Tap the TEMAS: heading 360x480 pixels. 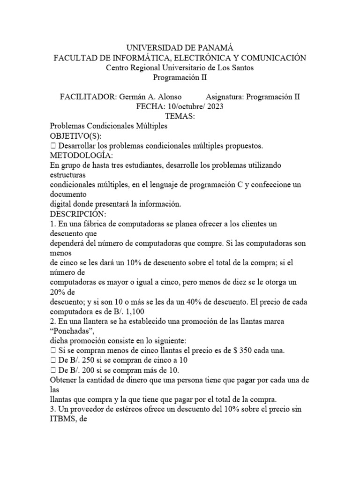click(180, 116)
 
